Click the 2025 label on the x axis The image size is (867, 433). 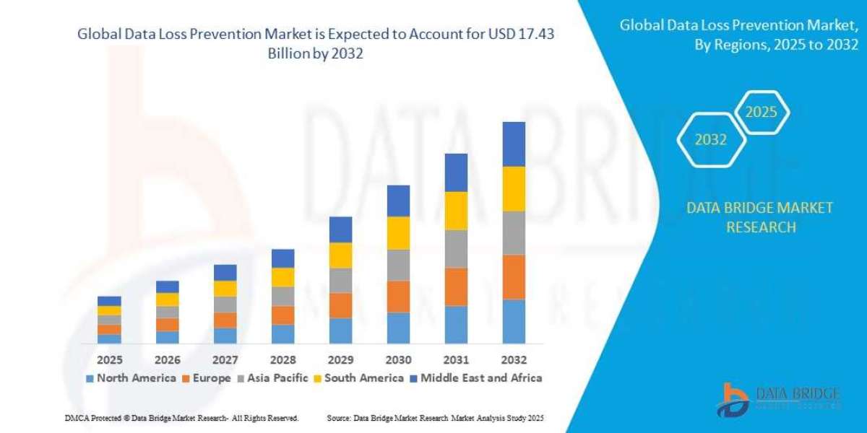pos(109,359)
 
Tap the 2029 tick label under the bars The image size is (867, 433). pos(340,359)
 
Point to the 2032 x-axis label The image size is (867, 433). pos(514,359)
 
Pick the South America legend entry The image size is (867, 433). pos(363,377)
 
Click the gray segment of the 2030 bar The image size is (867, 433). pos(398,265)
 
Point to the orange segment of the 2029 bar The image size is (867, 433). pos(340,305)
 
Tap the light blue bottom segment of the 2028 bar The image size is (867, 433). pos(282,333)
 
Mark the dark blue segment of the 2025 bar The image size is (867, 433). pos(109,301)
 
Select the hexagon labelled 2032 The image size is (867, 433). pos(711,140)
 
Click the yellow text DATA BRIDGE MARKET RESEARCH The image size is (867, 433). pos(760,217)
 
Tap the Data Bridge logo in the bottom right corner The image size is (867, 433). pos(778,399)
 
